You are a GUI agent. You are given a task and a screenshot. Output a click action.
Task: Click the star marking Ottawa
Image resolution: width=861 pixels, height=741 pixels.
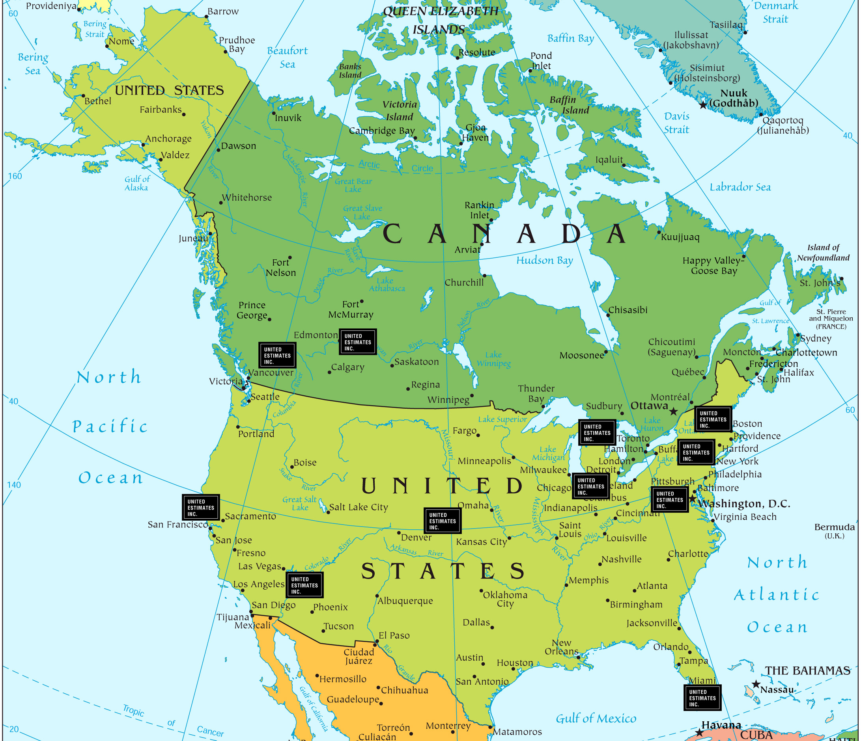coord(674,411)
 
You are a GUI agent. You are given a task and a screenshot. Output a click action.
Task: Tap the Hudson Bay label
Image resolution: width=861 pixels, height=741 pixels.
coord(544,261)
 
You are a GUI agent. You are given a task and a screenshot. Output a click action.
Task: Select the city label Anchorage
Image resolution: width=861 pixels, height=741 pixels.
coord(168,138)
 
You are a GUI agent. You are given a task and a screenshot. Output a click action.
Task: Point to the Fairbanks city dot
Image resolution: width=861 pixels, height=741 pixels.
coord(184,114)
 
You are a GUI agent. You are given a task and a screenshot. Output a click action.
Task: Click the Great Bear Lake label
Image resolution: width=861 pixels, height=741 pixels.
coord(353,185)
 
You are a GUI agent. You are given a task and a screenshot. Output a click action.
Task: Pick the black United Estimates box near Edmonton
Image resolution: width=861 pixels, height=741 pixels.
coord(358,342)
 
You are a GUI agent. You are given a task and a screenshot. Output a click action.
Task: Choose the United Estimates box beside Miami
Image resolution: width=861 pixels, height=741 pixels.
coord(702,698)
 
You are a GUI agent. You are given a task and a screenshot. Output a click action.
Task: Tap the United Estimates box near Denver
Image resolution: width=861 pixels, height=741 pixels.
coord(443,521)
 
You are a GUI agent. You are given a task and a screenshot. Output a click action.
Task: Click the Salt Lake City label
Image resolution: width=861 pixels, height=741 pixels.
coord(358,507)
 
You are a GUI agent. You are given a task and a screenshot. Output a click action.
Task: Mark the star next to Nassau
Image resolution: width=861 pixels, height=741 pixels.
coord(756,684)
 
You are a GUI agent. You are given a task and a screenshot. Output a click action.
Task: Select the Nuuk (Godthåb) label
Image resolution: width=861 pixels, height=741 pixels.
coord(734,98)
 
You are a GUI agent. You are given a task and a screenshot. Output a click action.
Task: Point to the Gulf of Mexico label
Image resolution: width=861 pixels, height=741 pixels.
coord(596,719)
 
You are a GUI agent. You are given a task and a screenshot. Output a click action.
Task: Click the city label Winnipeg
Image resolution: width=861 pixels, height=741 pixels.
coord(448,400)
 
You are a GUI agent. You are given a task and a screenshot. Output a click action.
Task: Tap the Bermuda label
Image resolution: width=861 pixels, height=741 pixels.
coord(835,527)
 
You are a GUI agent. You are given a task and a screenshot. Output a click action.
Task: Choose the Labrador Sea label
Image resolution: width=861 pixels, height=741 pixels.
coord(740,187)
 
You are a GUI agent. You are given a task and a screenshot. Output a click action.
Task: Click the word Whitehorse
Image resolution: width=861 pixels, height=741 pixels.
coord(247,197)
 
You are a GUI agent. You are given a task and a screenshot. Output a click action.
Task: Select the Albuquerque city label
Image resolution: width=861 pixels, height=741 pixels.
coord(405,601)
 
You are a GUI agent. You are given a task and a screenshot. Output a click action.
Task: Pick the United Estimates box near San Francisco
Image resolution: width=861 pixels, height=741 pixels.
coord(201,507)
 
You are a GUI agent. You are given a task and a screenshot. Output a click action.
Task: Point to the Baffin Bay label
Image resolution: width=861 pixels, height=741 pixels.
coord(571,38)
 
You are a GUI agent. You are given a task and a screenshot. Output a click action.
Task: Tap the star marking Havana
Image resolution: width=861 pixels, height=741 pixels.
coord(699,733)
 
